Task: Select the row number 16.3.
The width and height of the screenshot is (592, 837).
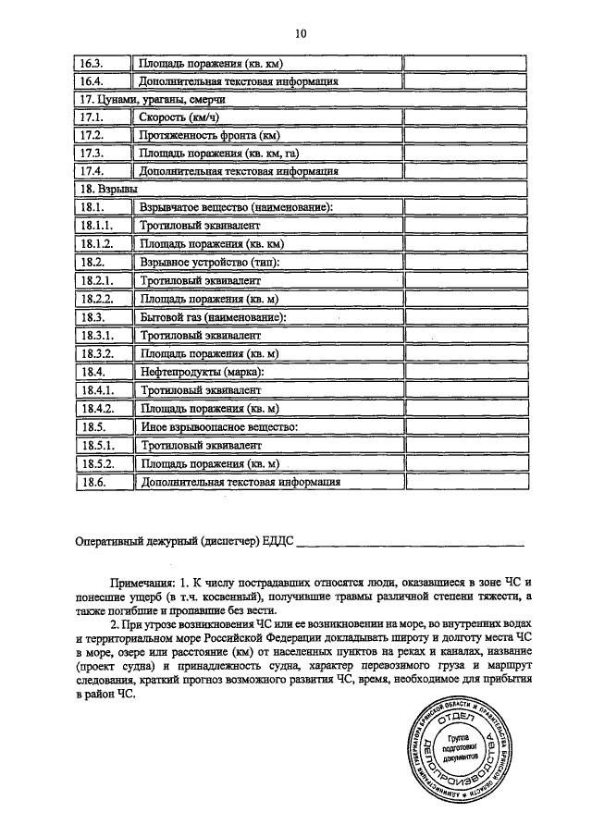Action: point(92,64)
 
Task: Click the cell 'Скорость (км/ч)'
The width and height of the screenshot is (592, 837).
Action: point(179,118)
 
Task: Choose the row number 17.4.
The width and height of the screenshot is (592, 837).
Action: point(92,171)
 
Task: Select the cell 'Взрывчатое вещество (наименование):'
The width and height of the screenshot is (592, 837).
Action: point(235,208)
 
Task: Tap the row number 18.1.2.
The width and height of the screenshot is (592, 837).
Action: point(96,244)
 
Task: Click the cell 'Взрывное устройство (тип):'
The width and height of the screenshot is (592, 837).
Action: point(208,263)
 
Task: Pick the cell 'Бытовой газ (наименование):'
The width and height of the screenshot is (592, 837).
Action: point(212,317)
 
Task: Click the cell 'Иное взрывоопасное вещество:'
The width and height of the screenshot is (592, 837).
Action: point(217,426)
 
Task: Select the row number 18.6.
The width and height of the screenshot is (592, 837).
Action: point(92,481)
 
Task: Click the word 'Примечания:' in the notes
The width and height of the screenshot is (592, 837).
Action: point(143,585)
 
